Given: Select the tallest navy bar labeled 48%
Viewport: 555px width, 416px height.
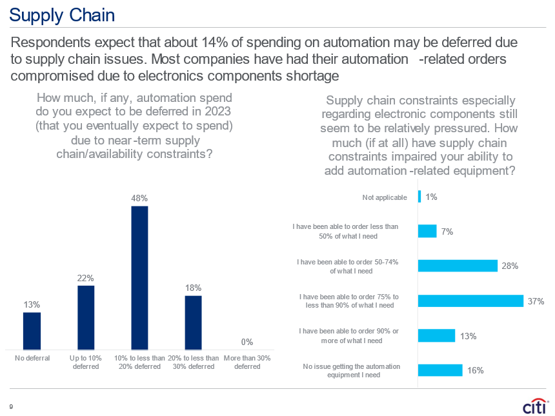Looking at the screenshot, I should [x=139, y=278].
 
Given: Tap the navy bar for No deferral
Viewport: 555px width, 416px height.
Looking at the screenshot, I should [x=32, y=331].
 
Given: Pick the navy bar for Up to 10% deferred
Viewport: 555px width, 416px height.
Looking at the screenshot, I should [x=86, y=317].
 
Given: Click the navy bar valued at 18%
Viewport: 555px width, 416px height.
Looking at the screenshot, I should [x=193, y=322].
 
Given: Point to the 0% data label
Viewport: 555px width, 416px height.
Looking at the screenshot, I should [x=247, y=342].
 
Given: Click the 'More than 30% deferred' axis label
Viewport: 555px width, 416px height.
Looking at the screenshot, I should [x=247, y=362].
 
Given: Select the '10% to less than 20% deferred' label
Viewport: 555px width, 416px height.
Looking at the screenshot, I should [x=139, y=362].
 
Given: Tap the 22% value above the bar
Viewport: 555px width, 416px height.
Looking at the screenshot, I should [x=86, y=277].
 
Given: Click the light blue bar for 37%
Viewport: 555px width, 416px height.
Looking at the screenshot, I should [x=470, y=301].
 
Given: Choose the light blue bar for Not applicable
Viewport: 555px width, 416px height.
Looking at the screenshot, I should [x=419, y=197].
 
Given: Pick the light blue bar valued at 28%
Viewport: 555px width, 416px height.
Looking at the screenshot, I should [x=458, y=266].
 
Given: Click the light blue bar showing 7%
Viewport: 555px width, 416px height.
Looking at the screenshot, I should [x=427, y=231].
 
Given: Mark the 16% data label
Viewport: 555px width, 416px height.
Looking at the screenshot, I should [x=476, y=370].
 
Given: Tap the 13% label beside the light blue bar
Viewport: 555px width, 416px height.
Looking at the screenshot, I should [x=469, y=335].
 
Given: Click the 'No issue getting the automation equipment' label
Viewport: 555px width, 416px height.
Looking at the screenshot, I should [x=351, y=370].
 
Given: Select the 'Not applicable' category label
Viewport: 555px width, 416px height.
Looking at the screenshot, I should [x=385, y=197].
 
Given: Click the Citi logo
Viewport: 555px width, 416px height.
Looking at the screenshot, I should [x=535, y=408].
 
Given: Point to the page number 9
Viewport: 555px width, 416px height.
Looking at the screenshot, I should [x=10, y=407].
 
